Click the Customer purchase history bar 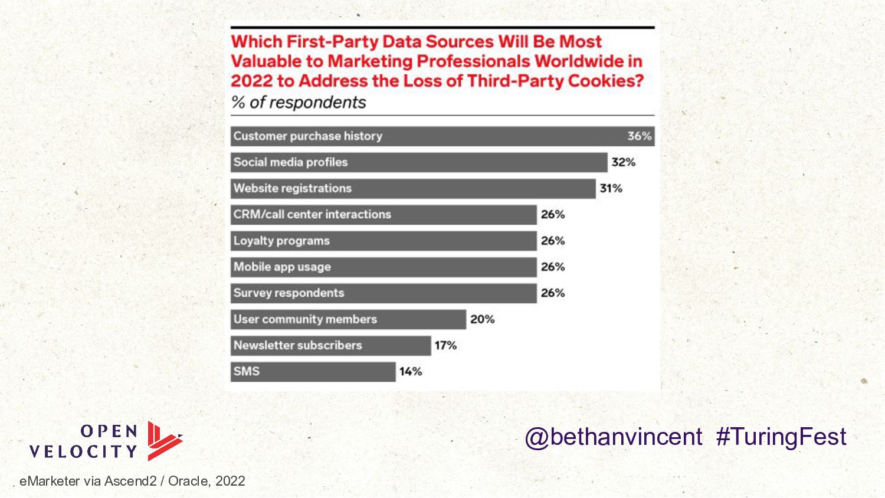[442, 136]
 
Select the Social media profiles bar [419, 162]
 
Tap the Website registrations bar [413, 189]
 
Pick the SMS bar [313, 372]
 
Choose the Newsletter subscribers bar [330, 346]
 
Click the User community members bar [348, 319]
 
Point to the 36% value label [639, 136]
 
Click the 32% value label [624, 162]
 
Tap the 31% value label [611, 189]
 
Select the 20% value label [483, 319]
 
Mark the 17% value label [445, 346]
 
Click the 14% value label [411, 372]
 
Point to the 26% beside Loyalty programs [553, 241]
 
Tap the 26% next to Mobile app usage [553, 267]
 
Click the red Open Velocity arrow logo [165, 441]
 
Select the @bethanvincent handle [614, 437]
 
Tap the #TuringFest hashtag [781, 437]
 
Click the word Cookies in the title [606, 81]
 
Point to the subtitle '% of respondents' [299, 103]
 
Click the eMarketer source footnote [132, 481]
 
